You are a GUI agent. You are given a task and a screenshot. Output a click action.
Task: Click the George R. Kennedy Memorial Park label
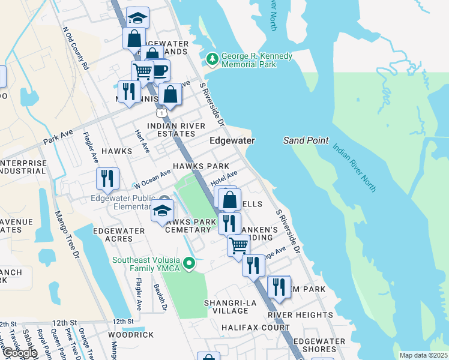(256, 60)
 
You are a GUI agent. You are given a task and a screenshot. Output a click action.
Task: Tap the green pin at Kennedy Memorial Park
(212, 59)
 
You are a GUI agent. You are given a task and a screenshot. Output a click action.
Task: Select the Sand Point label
(306, 140)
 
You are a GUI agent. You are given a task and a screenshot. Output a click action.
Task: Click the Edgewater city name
(232, 140)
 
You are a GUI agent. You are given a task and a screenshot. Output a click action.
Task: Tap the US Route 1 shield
(161, 113)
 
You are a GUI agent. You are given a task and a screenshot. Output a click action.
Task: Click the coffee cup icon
(160, 70)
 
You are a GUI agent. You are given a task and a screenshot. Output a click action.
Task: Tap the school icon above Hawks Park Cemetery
(163, 211)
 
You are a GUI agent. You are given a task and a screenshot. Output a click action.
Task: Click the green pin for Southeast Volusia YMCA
(190, 263)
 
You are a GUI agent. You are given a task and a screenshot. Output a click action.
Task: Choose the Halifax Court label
(255, 328)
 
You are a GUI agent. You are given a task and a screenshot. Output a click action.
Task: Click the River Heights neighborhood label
(300, 315)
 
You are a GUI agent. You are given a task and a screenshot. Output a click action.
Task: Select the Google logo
(19, 352)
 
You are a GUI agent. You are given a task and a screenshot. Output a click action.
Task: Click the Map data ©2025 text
(423, 355)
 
